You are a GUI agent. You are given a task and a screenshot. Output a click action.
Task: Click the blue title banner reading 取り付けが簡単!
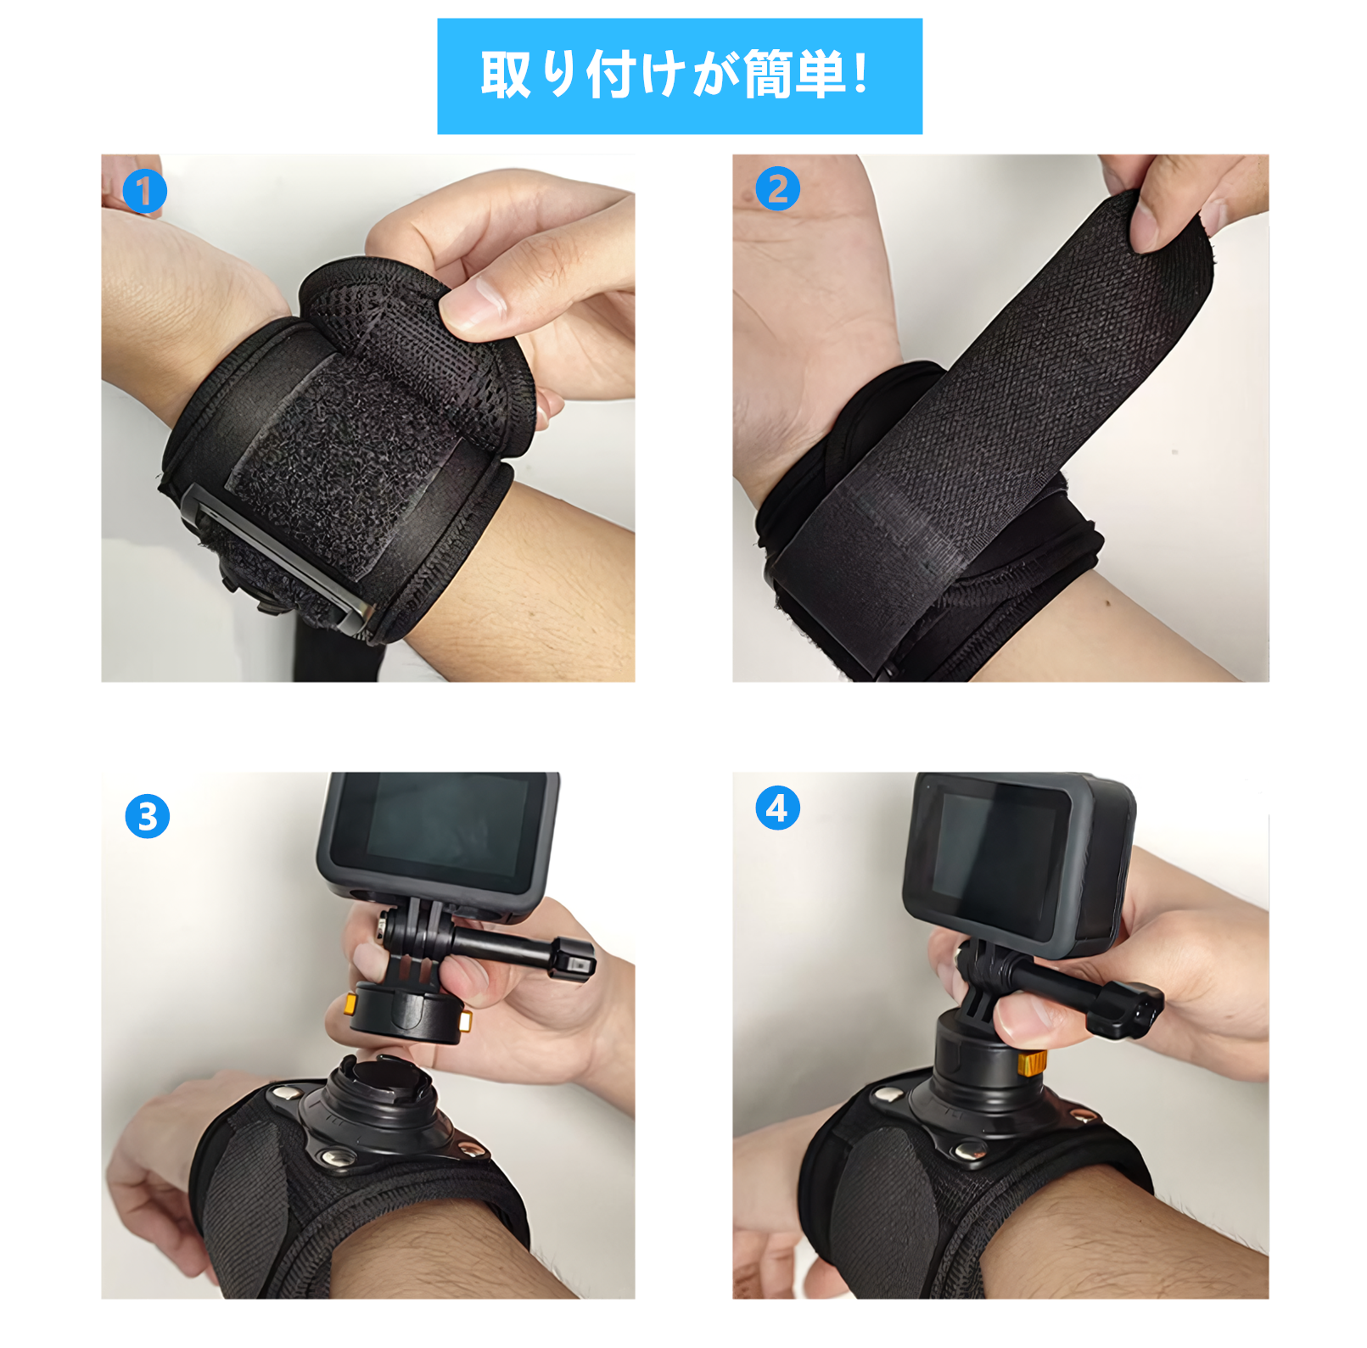679,76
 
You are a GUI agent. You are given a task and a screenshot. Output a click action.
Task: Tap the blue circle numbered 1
144,191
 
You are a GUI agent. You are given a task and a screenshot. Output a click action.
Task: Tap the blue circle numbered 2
777,188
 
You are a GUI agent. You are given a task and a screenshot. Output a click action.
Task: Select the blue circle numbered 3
148,816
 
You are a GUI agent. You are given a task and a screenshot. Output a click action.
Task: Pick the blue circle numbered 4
777,808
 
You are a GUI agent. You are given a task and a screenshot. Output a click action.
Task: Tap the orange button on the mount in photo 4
1032,1062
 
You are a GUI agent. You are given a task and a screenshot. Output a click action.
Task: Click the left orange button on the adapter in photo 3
350,1005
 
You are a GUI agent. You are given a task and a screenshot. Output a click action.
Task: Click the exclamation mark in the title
860,74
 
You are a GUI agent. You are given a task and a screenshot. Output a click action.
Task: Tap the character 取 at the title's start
506,76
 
